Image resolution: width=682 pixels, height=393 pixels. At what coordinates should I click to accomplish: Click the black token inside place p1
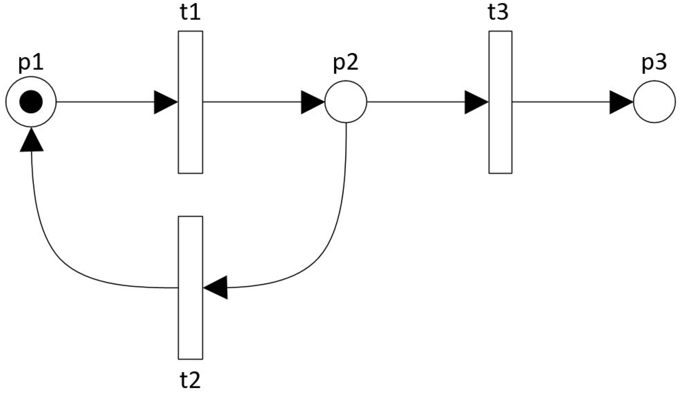click(x=31, y=102)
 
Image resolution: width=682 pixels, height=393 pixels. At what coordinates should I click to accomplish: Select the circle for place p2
click(x=345, y=102)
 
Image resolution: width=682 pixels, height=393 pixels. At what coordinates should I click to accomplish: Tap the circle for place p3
click(x=654, y=102)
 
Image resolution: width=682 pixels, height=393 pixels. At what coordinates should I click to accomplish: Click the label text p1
click(x=31, y=62)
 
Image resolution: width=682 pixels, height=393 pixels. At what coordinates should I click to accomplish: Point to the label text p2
click(x=345, y=62)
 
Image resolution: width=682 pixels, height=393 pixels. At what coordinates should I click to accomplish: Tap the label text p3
click(x=654, y=62)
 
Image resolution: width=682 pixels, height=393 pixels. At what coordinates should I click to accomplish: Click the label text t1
click(x=190, y=12)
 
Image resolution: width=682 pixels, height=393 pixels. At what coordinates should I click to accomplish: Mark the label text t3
click(x=498, y=12)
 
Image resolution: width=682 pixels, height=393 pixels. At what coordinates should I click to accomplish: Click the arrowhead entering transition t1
click(x=165, y=102)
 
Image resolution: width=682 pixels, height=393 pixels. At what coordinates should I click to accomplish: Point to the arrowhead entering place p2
click(x=312, y=102)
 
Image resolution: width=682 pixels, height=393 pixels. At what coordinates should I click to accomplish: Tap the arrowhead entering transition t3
click(x=475, y=102)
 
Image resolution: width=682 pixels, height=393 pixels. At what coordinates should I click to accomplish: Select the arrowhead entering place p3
click(x=620, y=102)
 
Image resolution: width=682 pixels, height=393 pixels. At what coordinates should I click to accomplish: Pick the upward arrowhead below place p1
click(x=31, y=141)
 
